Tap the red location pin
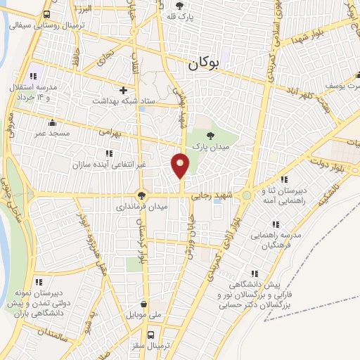click(181, 165)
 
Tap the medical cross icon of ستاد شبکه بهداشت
click(124, 90)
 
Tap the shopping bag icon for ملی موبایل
click(144, 304)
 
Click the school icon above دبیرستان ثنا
click(283, 180)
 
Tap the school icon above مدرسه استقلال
click(32, 77)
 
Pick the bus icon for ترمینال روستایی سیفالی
click(46, 14)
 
